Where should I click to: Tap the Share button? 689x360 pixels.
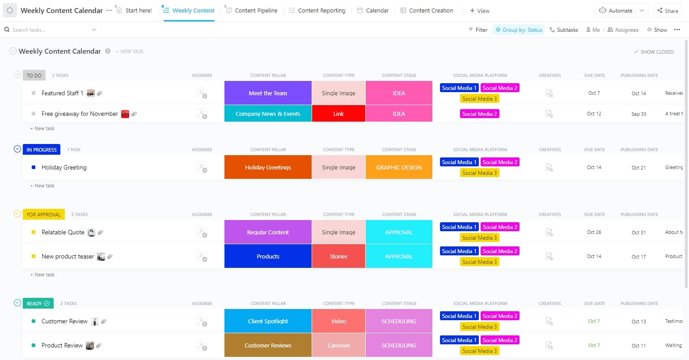668,10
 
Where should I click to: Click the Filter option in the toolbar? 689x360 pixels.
478,30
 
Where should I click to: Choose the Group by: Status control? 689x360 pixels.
519,30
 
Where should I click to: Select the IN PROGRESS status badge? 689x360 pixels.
42,149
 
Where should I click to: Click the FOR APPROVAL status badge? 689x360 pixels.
43,214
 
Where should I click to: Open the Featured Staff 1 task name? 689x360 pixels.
62,93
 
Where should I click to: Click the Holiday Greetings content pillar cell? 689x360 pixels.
268,167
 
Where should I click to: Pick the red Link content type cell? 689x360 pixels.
338,114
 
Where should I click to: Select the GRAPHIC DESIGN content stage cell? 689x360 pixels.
399,167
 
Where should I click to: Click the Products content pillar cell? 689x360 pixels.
268,256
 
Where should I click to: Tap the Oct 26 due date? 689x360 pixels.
594,232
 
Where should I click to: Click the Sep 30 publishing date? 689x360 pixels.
638,114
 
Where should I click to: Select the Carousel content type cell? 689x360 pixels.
338,345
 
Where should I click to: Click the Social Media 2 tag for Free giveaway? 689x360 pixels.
479,114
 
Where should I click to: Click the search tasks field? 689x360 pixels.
49,30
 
